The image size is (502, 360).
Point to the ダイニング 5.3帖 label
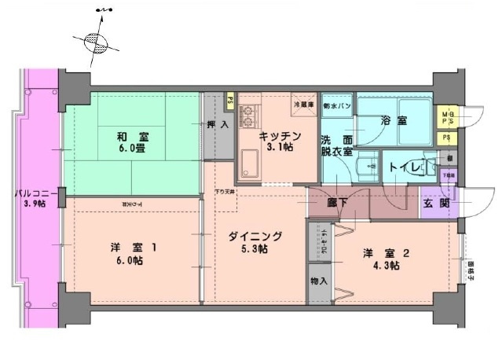255,242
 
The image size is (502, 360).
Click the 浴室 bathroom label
393,121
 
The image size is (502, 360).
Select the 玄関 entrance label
434,203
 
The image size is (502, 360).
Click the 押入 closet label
218,125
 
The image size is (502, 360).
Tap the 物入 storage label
318,281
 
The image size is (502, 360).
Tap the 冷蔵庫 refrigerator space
303,105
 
